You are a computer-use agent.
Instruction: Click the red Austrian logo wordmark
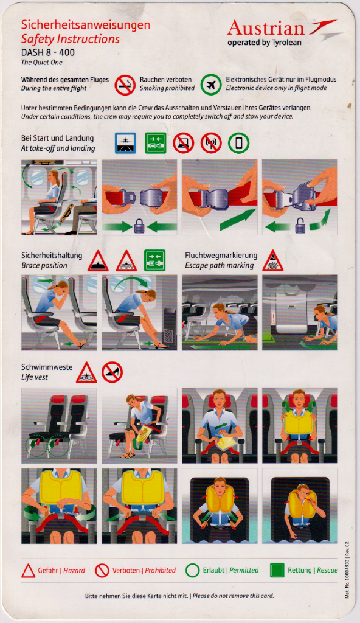(266, 28)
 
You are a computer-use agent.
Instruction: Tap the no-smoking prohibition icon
(125, 85)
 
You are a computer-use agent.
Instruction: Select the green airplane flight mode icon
(211, 85)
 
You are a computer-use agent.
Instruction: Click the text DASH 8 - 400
(47, 52)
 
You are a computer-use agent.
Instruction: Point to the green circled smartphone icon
(239, 143)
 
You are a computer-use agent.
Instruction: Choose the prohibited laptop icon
(184, 143)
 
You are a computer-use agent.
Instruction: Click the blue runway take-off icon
(125, 143)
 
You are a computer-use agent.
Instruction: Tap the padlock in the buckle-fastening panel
(139, 227)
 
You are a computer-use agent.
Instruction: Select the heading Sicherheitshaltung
(52, 255)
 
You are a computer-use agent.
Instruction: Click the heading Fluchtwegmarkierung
(221, 255)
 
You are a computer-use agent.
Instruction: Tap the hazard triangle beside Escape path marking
(273, 261)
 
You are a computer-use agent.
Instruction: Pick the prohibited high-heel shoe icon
(112, 372)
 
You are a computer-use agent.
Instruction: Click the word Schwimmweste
(47, 367)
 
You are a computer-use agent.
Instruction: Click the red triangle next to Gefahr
(28, 571)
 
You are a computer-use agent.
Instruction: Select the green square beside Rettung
(277, 570)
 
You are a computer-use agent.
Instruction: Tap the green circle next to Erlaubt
(192, 571)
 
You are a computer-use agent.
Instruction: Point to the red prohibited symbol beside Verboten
(102, 571)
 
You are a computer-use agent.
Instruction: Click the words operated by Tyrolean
(265, 43)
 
